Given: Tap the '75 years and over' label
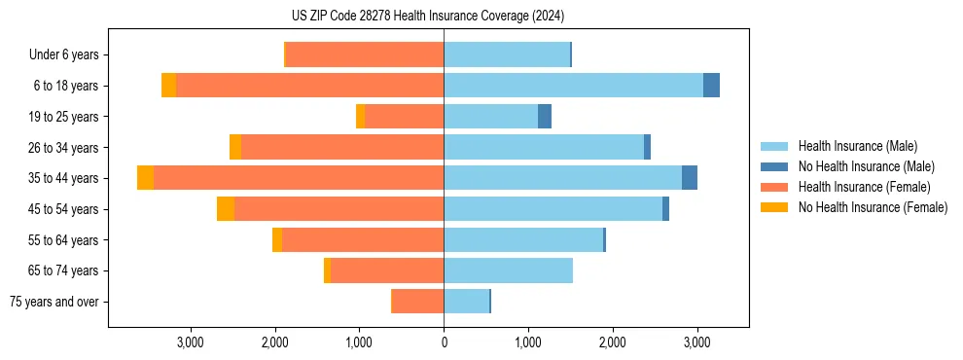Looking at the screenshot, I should click(x=53, y=302).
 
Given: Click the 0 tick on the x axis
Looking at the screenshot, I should click(x=444, y=342).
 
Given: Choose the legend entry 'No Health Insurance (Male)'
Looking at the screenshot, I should click(x=866, y=166).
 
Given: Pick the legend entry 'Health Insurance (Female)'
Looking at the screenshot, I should click(x=864, y=187).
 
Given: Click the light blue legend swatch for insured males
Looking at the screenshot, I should click(x=774, y=146).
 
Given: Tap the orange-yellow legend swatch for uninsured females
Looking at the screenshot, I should click(x=774, y=207).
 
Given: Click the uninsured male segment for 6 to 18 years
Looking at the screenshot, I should click(x=711, y=86).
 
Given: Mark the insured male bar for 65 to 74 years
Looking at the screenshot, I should click(x=508, y=270).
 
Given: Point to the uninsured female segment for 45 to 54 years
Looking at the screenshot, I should click(x=226, y=209).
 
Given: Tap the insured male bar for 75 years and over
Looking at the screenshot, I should click(x=466, y=302).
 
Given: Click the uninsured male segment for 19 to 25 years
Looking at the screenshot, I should click(x=545, y=117).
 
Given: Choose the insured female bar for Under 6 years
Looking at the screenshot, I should click(x=365, y=54).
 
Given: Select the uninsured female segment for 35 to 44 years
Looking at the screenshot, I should click(x=145, y=178).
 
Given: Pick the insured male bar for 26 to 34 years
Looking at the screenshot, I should click(x=544, y=147).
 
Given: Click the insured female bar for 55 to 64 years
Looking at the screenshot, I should click(x=363, y=239).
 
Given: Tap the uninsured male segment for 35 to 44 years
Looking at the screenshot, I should click(x=690, y=178).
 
